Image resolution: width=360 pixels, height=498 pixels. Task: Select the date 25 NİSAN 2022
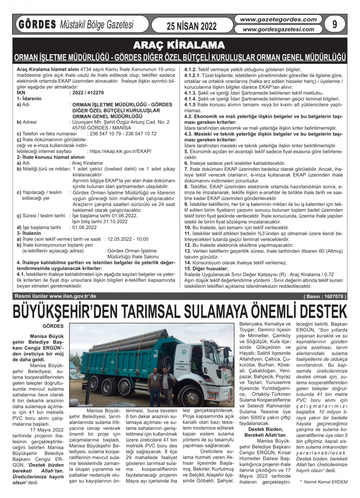point(191,26)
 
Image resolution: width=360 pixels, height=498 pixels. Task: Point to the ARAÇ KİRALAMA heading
point(180,45)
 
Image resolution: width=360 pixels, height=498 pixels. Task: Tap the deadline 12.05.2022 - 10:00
point(128,239)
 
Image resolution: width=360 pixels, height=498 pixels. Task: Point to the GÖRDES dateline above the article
point(55,326)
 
